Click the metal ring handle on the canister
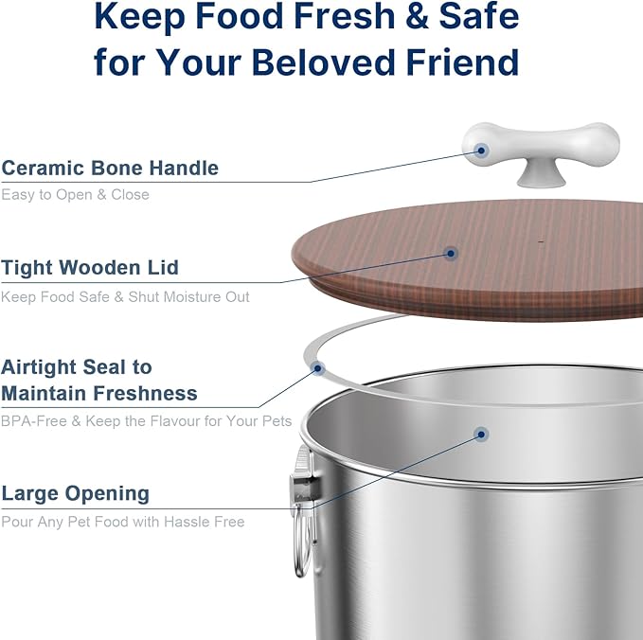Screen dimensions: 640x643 coord(301,541)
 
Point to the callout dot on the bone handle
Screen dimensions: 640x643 coord(481,150)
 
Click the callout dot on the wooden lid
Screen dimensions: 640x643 coord(451,253)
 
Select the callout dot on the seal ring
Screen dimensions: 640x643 coord(318,367)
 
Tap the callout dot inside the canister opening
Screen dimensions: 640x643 coord(481,435)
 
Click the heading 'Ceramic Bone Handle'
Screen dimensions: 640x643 coord(110,169)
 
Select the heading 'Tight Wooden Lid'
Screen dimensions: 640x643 coord(90,268)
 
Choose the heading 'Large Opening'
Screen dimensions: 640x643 coord(76,493)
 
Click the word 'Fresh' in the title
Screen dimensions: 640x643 coord(326,16)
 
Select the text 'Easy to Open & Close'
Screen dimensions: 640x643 coord(76,194)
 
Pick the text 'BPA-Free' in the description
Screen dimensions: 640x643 coord(33,420)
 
